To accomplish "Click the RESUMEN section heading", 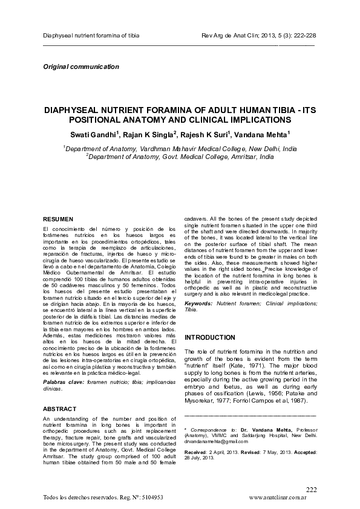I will tap(57, 218).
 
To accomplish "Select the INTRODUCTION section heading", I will tap(210, 337).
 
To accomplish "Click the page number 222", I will tap(311, 489).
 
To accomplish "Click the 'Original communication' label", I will tap(81, 66).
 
